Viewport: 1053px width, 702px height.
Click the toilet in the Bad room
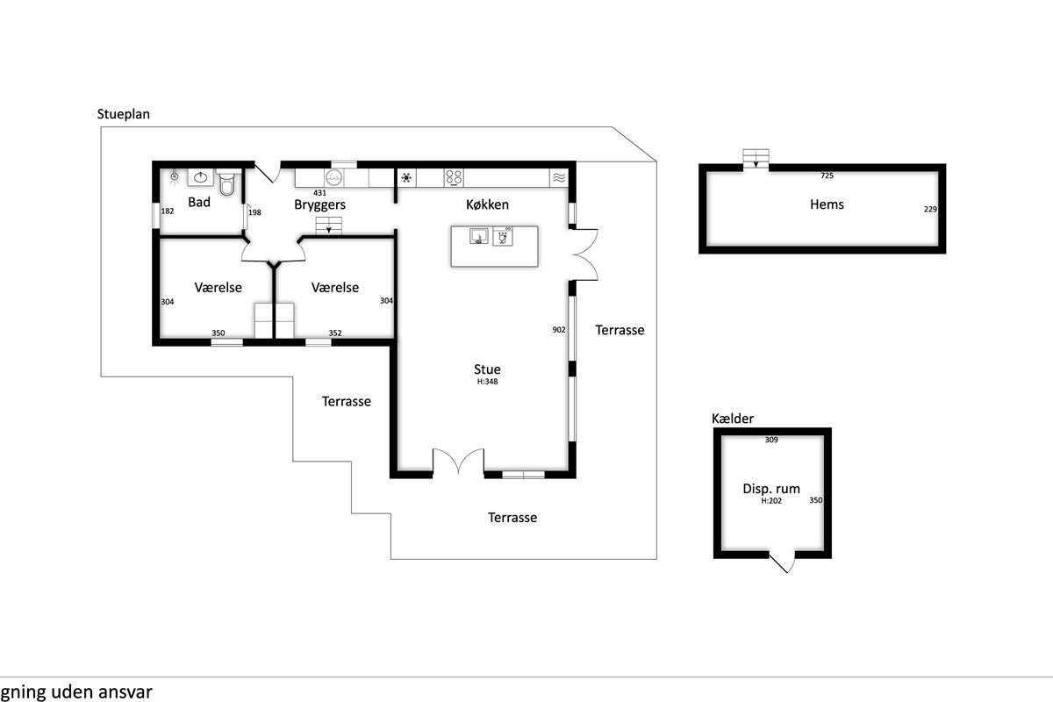(227, 183)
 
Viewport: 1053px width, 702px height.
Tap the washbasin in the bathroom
(201, 177)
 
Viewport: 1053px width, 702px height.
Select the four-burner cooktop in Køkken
(454, 177)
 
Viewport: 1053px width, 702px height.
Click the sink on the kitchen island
(479, 236)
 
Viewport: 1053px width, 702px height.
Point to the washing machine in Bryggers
(333, 178)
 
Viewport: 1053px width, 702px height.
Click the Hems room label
(827, 204)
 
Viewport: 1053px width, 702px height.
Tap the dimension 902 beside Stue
(559, 330)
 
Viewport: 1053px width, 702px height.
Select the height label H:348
(488, 382)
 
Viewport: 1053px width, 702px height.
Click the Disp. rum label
(771, 489)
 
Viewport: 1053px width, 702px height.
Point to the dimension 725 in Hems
(827, 175)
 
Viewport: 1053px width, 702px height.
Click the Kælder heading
(733, 419)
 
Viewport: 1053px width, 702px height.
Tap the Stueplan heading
(123, 114)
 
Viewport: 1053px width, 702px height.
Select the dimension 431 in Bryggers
(319, 193)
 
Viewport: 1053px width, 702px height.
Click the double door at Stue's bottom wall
(458, 461)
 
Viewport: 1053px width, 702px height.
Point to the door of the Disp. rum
(782, 562)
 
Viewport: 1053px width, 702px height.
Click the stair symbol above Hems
(756, 159)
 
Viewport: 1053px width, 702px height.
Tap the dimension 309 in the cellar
(771, 441)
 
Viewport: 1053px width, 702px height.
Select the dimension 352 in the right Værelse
(335, 333)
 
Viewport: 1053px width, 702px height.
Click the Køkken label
(488, 204)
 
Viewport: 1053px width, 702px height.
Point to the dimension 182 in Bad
(168, 211)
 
